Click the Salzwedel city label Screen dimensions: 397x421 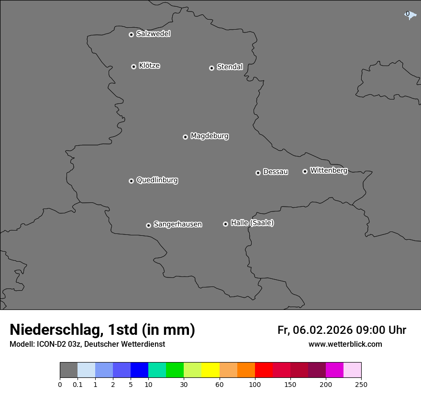153,33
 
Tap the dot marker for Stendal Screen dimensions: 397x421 211,68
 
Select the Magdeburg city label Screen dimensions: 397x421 210,136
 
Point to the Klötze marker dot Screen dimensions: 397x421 133,66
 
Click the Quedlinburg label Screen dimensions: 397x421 157,180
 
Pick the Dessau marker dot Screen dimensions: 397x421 258,173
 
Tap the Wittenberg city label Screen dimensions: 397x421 329,170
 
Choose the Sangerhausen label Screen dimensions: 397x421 177,224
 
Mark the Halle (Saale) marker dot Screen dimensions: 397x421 225,224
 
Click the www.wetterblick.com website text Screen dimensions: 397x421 345,344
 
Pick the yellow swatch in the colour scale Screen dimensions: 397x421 210,370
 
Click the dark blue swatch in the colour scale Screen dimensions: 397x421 139,370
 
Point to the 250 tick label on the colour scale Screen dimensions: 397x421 361,384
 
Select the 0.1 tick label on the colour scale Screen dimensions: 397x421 78,384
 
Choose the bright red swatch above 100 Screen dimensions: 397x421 264,370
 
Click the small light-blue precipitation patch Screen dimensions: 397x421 410,15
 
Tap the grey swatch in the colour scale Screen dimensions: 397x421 68,370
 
